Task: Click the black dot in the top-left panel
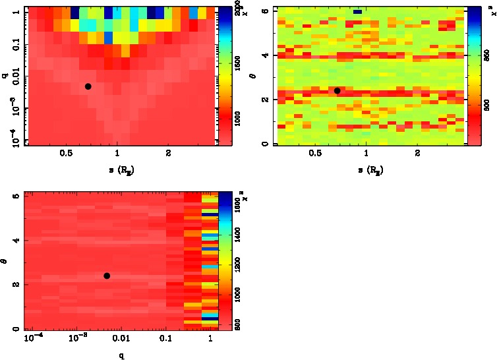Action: [88, 86]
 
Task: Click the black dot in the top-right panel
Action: [337, 90]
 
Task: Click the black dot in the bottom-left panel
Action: [106, 276]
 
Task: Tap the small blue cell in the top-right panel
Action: [358, 12]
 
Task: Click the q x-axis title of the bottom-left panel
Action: [121, 355]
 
